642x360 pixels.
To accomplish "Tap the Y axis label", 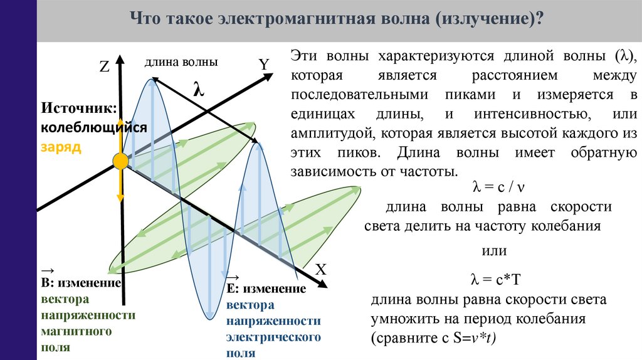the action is coord(263,64).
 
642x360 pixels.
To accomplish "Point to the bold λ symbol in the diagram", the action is coord(199,90).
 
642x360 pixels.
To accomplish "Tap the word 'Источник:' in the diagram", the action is coord(80,109).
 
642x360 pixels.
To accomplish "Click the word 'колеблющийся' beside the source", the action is coord(94,127).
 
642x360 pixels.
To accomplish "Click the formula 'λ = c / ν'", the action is coord(498,188).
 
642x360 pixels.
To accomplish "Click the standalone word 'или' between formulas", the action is coord(493,251).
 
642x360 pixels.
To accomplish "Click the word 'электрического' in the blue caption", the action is coord(273,337).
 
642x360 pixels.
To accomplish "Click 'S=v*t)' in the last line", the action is coord(473,339).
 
